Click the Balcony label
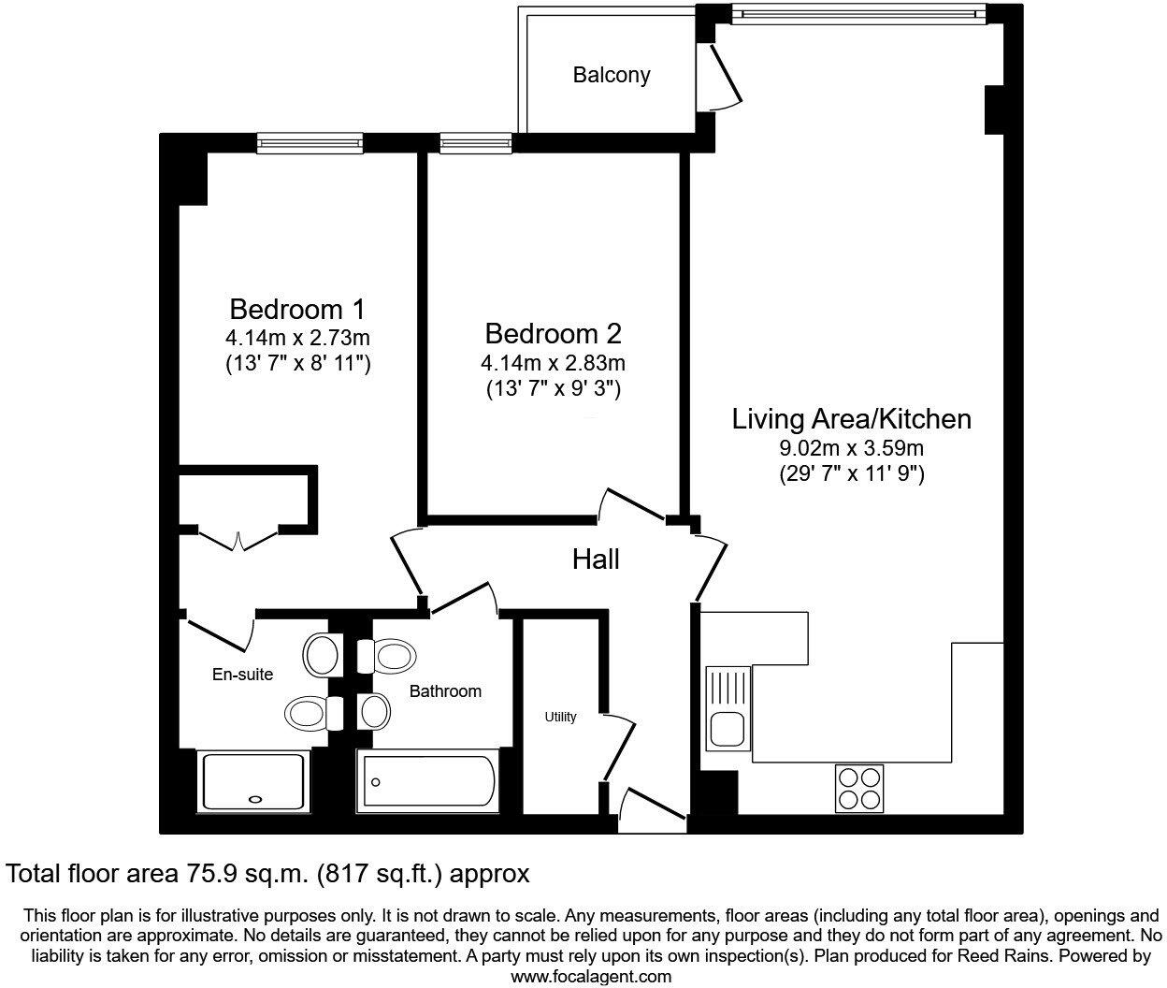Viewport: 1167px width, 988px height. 612,75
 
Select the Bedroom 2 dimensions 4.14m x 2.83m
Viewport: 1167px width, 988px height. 553,362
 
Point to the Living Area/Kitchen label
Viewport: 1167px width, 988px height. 851,418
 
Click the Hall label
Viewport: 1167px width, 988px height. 596,559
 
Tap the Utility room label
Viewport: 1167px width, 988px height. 561,717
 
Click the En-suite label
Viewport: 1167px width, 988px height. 242,674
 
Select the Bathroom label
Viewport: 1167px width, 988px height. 445,691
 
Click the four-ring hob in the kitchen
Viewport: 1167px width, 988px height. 859,787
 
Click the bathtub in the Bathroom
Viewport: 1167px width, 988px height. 426,781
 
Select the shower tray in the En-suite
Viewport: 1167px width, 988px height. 253,781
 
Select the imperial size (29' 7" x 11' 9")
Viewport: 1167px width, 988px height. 851,474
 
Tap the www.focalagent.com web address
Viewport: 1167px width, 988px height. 591,976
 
